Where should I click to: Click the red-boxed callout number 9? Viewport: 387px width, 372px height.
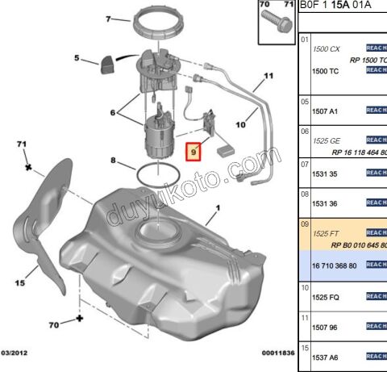click(193, 151)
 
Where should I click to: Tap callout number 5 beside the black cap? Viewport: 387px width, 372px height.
click(77, 58)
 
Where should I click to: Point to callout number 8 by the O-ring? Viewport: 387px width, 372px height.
click(114, 161)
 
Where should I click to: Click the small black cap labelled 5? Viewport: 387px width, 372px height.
click(107, 64)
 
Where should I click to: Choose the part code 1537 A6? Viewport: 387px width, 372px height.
click(326, 356)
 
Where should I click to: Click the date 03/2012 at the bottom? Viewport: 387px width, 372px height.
click(15, 352)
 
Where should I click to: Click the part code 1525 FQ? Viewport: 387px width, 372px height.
click(326, 296)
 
